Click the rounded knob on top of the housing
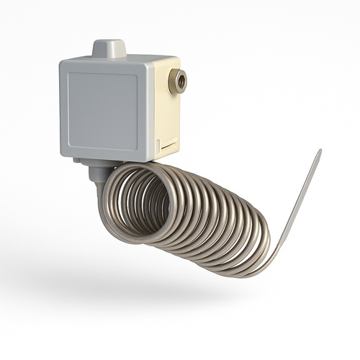click(109, 48)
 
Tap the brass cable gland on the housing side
click(176, 81)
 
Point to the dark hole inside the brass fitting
click(179, 81)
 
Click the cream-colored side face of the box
click(167, 115)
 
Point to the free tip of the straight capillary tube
click(319, 152)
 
